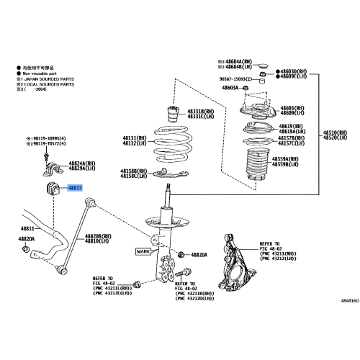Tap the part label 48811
[28, 228]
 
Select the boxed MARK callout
[143, 251]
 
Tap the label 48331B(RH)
[202, 112]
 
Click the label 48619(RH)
[293, 125]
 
